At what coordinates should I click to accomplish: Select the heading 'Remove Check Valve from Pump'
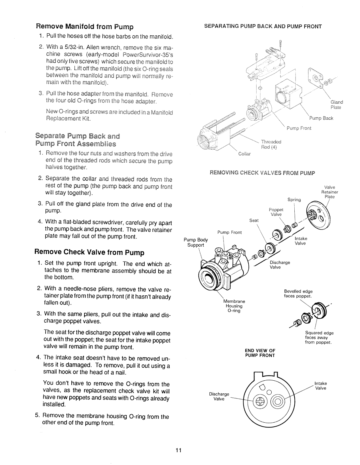click(x=90, y=252)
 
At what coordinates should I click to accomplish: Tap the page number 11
click(x=178, y=450)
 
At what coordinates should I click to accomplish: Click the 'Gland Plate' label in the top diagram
click(x=335, y=105)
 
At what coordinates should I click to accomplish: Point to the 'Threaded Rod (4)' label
click(x=271, y=145)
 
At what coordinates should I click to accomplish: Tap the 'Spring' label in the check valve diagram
click(x=294, y=200)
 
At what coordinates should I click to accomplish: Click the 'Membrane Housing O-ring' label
click(x=234, y=306)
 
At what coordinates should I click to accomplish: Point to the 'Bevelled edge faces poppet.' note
click(x=298, y=294)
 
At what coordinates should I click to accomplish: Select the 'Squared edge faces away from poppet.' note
click(x=319, y=338)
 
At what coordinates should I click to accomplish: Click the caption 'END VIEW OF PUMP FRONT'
click(x=260, y=353)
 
